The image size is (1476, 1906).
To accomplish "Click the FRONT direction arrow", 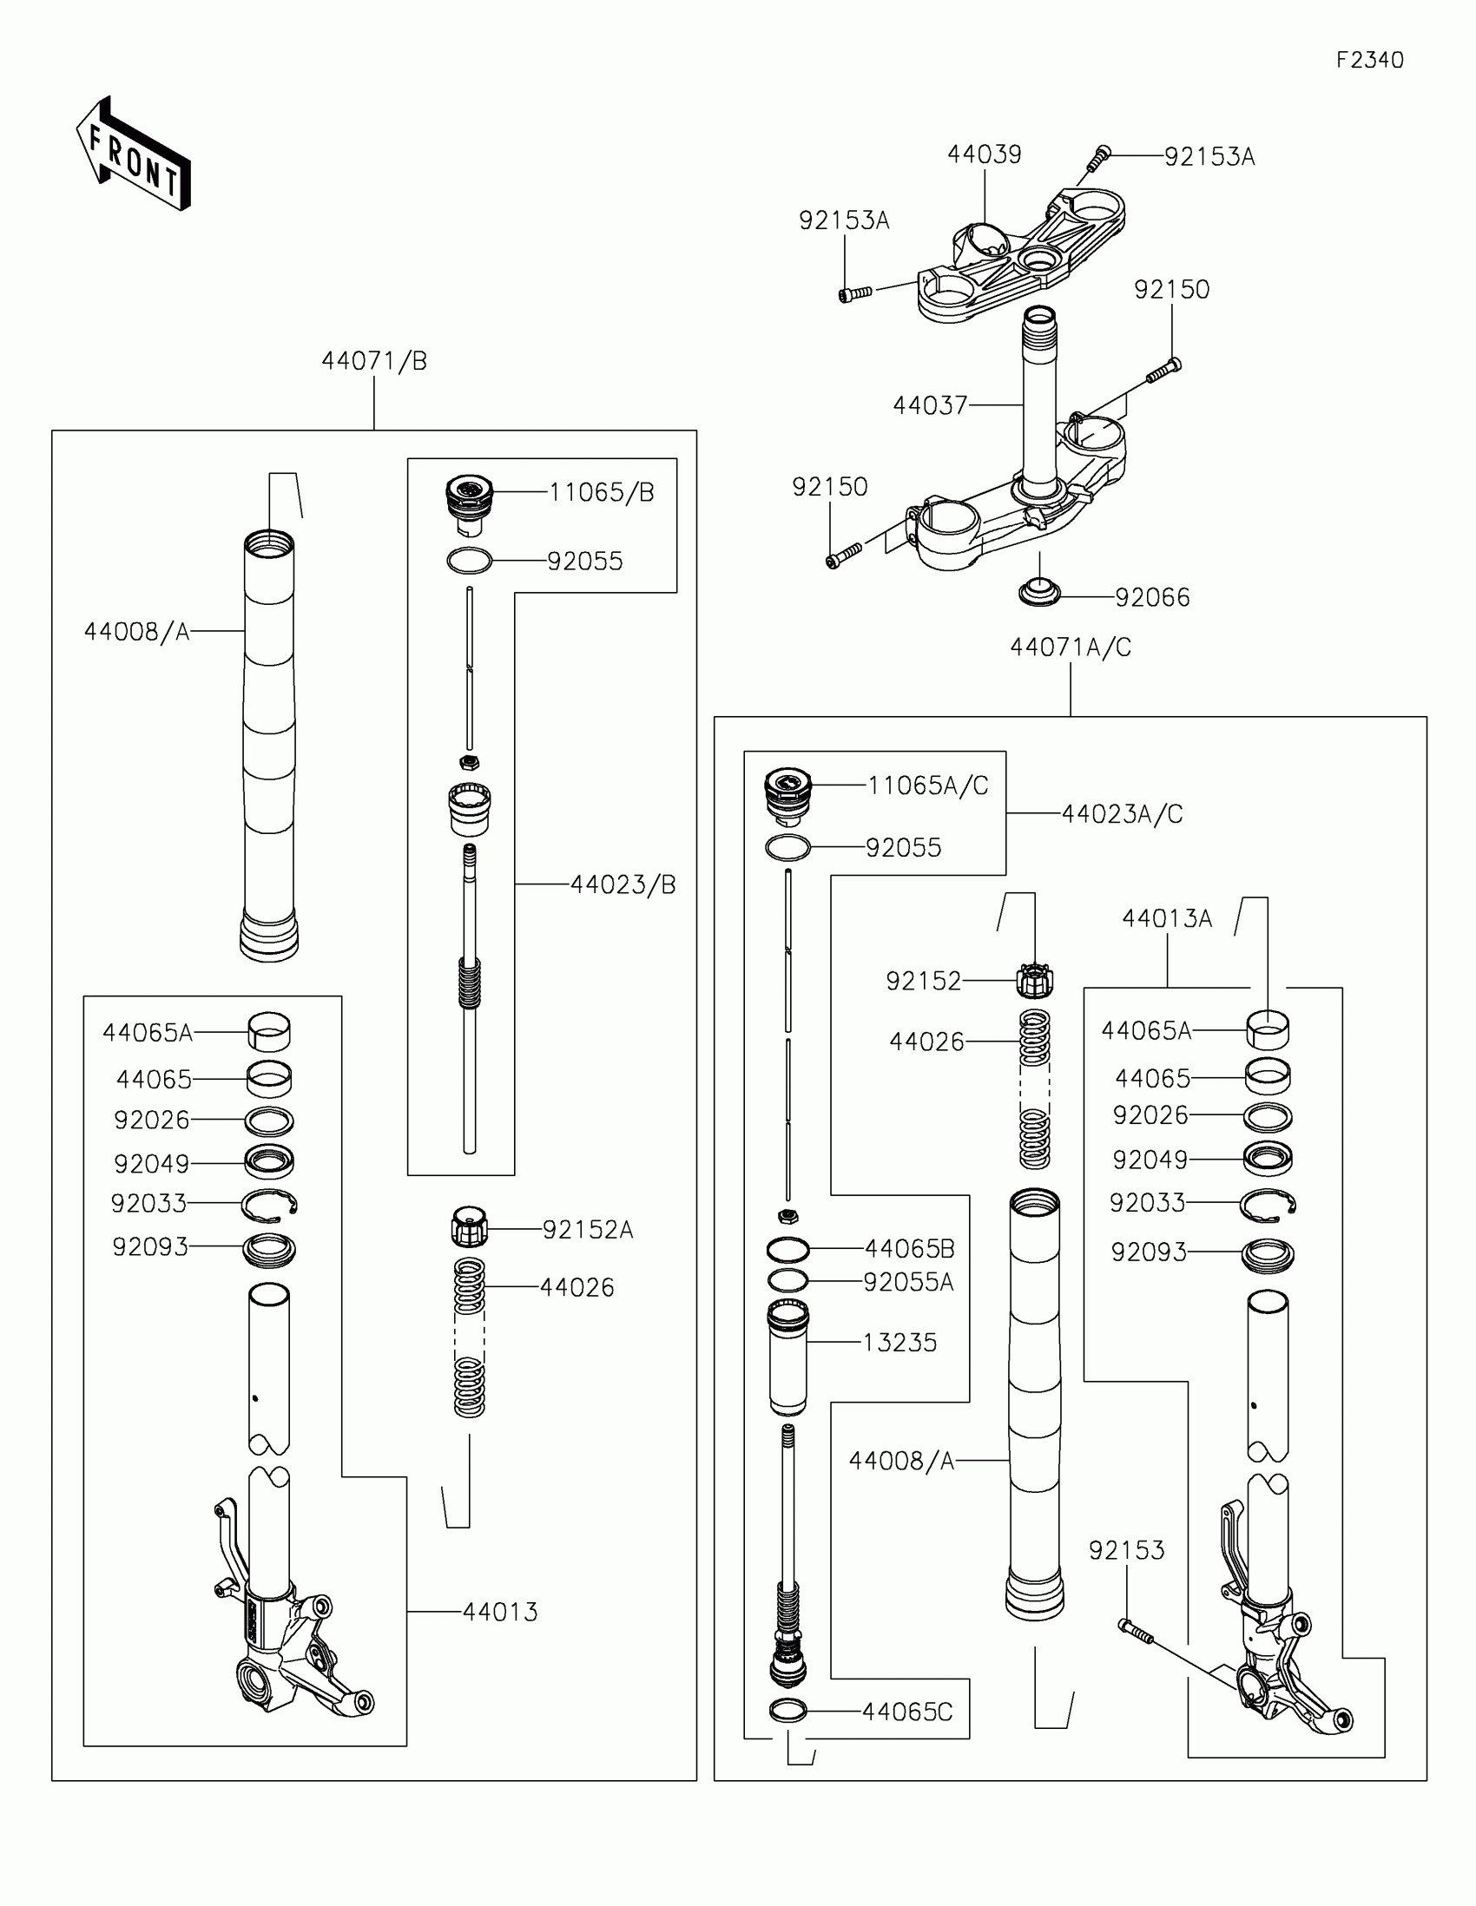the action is point(134,154).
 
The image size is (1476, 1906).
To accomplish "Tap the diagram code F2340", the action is point(1369,60).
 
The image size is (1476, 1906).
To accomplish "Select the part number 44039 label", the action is point(984,154).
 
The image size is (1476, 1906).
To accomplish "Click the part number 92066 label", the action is point(1152,598).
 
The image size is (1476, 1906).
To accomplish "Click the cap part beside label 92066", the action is point(1039,592).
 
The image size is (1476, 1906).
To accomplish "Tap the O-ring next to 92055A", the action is point(788,1281).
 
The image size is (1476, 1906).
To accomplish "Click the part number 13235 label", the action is point(899,1342).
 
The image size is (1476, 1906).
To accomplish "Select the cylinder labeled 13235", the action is point(788,1357).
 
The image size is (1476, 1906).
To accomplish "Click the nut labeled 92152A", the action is point(470,1227).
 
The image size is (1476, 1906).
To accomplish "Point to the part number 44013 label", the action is point(500,1612).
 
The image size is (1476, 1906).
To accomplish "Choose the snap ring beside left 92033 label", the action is point(270,1205).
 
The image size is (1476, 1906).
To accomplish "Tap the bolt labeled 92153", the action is point(1136,1631).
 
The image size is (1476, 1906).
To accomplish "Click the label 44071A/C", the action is point(1071,647).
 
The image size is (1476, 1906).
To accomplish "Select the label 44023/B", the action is point(623,885).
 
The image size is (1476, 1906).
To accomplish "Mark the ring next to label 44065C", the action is point(788,1712).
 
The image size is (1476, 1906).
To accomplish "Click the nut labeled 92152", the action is point(1035,981).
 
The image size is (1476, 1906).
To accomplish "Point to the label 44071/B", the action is point(374,361).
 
